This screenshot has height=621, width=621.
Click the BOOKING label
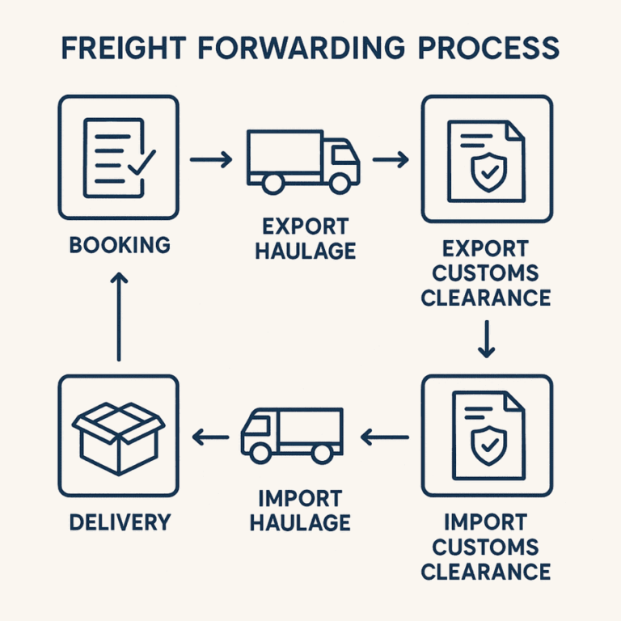tap(120, 244)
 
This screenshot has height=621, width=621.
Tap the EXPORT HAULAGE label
tap(305, 239)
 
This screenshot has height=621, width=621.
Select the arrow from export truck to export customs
tap(390, 159)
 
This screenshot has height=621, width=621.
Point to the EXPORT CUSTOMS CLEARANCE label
tap(486, 272)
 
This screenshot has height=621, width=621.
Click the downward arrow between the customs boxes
tap(486, 340)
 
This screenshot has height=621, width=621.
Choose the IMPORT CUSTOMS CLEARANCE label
tap(486, 546)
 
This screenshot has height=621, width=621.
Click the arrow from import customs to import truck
tap(385, 437)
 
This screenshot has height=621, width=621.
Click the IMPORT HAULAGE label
tap(300, 510)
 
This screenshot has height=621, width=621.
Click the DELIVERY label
tap(120, 522)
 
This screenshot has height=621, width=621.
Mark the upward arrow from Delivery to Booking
tap(119, 315)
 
